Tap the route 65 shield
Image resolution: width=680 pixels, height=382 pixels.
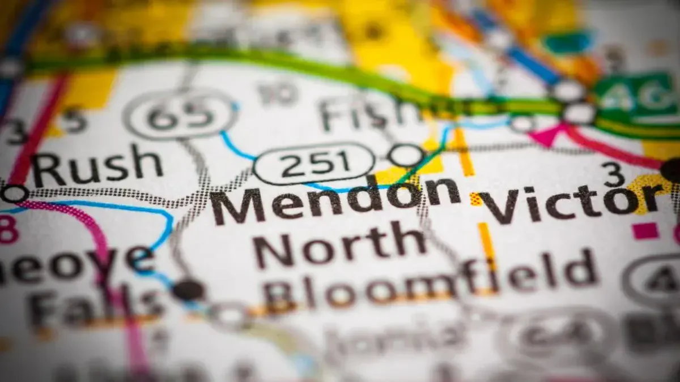coord(180,115)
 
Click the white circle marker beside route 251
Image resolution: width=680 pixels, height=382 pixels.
coord(406,154)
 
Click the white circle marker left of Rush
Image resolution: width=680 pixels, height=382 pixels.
coord(14,193)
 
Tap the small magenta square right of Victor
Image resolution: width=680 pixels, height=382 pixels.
coord(645,230)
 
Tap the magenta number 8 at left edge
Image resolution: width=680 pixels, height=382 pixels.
coord(7,229)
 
